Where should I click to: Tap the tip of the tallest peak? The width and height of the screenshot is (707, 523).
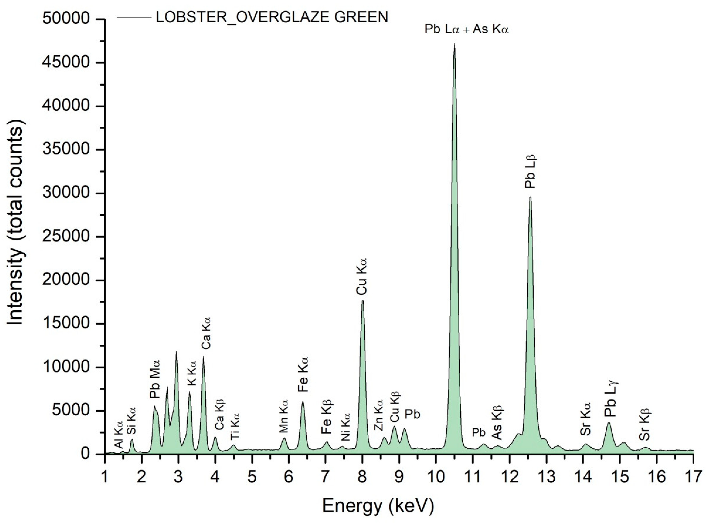coord(454,44)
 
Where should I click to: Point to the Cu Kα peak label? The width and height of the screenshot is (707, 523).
coord(362,276)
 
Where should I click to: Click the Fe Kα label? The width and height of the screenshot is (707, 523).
coord(303,374)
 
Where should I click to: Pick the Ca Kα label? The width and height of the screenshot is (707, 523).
coord(206,333)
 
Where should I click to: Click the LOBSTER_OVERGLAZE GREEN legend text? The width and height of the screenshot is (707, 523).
coord(272,17)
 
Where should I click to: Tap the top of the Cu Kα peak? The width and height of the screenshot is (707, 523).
coord(363,301)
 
